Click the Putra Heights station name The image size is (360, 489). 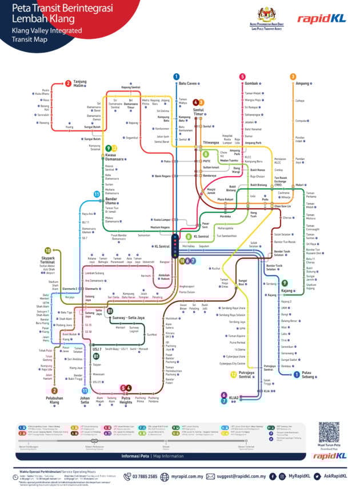(x=127, y=400)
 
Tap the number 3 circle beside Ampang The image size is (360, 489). (x=293, y=77)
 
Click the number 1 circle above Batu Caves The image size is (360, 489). (x=177, y=77)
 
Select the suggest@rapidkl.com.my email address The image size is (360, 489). (x=239, y=476)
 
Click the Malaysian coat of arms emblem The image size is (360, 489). (x=266, y=13)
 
